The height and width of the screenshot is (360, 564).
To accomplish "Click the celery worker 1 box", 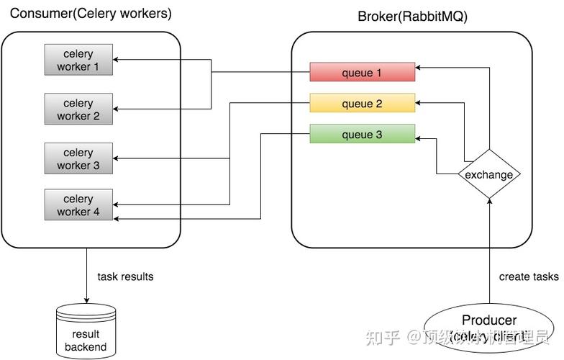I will click(78, 60).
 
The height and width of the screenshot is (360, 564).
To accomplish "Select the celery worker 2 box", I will click(78, 109).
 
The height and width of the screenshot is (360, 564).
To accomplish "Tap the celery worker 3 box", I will click(78, 159).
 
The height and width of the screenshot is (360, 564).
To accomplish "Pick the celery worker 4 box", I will click(78, 205).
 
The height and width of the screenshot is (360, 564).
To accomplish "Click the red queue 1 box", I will click(362, 73).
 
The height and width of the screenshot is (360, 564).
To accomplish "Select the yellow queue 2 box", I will click(362, 104).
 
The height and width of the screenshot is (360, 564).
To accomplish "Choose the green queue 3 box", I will click(362, 135).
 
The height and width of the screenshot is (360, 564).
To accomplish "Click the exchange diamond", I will click(489, 174).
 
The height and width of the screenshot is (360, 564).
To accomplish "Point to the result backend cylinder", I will click(86, 331).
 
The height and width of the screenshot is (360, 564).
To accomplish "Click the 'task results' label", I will click(125, 276).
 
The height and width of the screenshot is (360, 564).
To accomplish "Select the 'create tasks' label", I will click(529, 276).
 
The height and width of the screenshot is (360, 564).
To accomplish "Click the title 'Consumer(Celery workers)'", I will click(91, 14).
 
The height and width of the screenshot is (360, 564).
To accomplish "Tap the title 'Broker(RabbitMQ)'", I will click(412, 17).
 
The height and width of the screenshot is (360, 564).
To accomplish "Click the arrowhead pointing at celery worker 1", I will click(117, 60).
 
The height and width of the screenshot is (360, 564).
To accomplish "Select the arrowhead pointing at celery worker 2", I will click(117, 109).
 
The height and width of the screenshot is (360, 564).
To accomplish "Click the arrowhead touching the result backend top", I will click(86, 300).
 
